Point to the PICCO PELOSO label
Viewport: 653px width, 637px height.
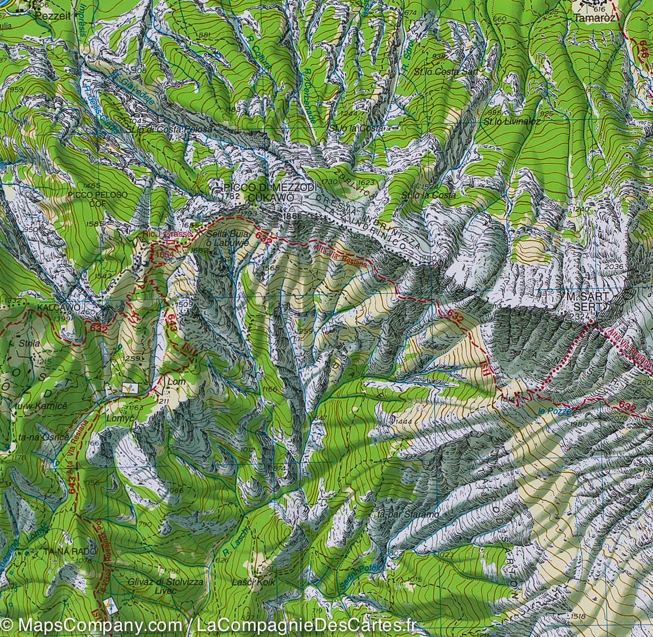tap(98, 194)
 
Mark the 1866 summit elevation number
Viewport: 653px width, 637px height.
tap(292, 216)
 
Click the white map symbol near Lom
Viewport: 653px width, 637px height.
tap(130, 388)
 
